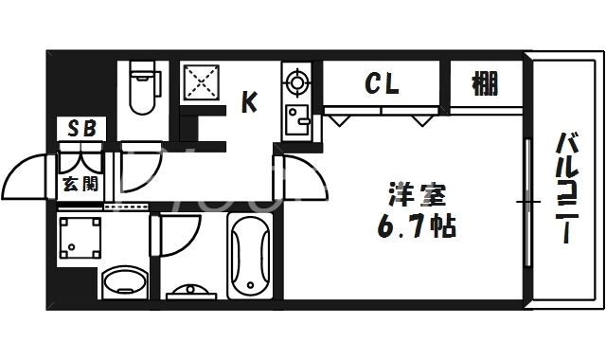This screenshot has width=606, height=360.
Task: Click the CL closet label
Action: pyautogui.click(x=383, y=83)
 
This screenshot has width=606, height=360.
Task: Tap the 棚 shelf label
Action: pyautogui.click(x=485, y=83)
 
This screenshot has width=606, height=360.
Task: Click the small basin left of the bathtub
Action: pyautogui.click(x=191, y=291)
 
